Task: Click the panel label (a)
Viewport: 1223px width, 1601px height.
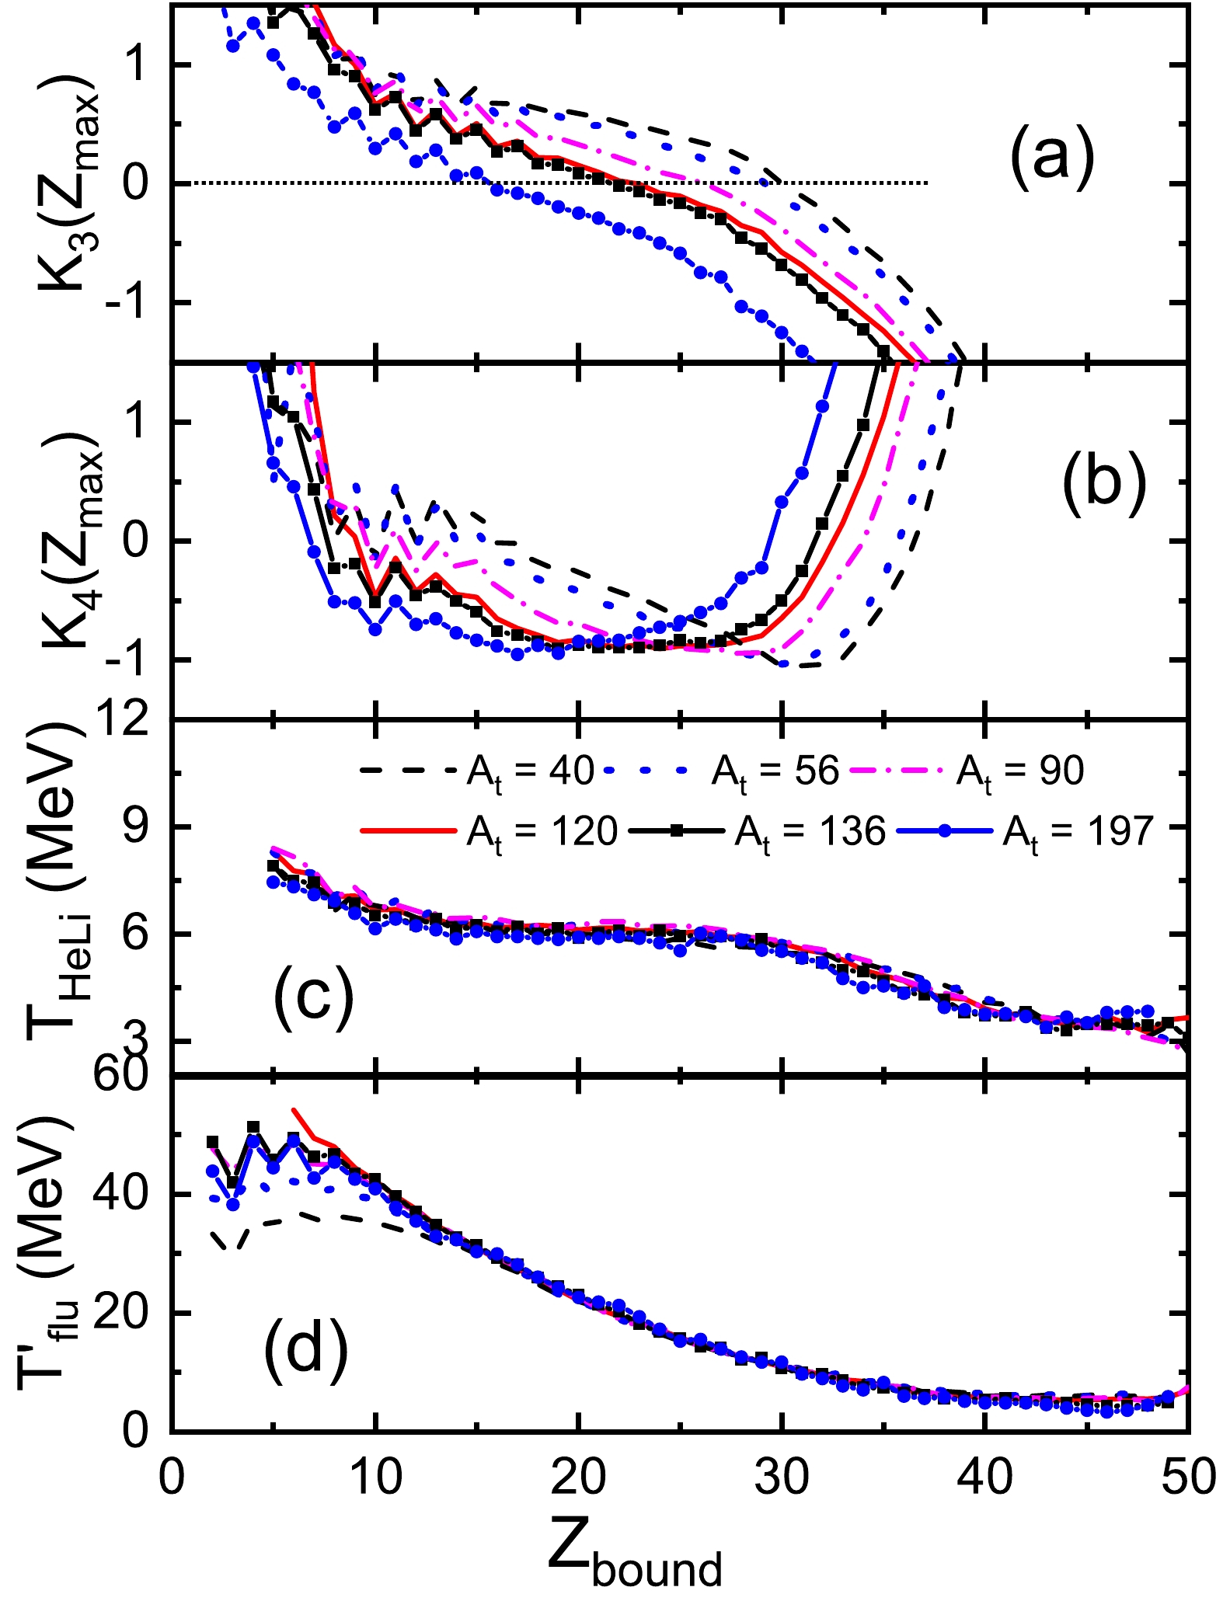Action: (1051, 155)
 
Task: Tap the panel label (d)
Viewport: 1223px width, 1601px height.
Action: (305, 1349)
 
